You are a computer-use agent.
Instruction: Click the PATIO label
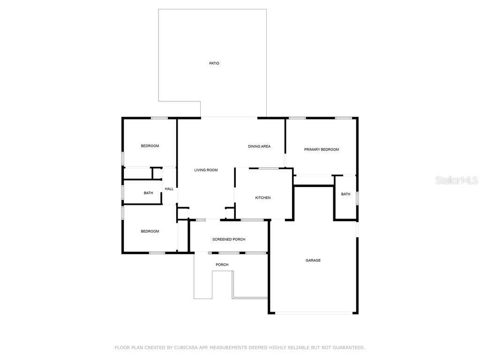[x=214, y=63]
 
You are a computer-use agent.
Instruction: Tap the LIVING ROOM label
[x=206, y=170]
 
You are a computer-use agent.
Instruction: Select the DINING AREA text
[x=259, y=146]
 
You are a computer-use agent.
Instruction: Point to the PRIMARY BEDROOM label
[x=322, y=150]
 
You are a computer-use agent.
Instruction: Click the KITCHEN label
[x=263, y=198]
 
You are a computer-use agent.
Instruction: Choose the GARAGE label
[x=313, y=260]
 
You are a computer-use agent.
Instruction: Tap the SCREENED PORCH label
[x=229, y=240]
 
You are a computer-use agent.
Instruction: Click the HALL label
[x=169, y=189]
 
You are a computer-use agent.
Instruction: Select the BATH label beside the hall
[x=149, y=193]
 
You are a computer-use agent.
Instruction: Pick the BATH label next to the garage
[x=345, y=194]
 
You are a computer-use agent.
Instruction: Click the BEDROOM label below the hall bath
[x=150, y=231]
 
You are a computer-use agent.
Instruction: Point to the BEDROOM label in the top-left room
[x=150, y=146]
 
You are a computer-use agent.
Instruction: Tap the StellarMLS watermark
[x=457, y=180]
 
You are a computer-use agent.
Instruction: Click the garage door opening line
[x=314, y=313]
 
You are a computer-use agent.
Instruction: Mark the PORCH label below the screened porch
[x=222, y=264]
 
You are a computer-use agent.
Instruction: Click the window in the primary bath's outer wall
[x=357, y=198]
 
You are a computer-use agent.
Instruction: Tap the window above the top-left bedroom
[x=159, y=118]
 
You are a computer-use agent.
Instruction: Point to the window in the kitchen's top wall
[x=269, y=168]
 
